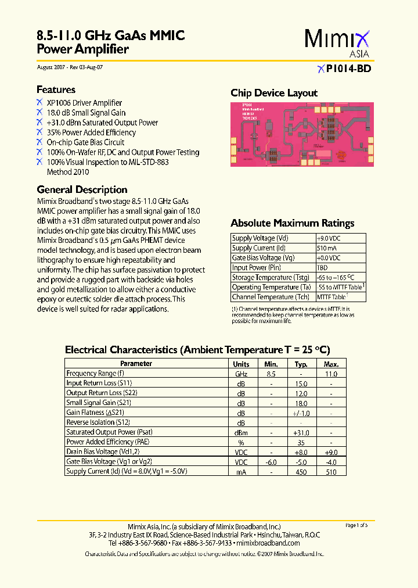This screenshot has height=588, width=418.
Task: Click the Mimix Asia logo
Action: (x=337, y=42)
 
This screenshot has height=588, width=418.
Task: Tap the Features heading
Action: (x=56, y=89)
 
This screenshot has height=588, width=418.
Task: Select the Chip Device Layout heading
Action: (x=274, y=93)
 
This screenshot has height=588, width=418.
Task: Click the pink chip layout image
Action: (x=302, y=135)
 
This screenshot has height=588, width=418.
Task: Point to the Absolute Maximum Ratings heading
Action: (x=292, y=223)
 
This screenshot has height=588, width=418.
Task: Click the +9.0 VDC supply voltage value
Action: (x=329, y=238)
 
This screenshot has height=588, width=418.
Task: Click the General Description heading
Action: (x=82, y=189)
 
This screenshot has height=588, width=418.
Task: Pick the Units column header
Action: (x=241, y=364)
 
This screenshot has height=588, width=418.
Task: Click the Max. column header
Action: (x=331, y=364)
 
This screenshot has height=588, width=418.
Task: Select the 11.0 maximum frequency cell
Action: (x=331, y=374)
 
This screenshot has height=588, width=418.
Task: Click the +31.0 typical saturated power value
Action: (x=301, y=432)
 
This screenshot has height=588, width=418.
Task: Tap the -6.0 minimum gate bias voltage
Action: (x=271, y=462)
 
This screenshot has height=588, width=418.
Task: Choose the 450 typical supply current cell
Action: (x=301, y=472)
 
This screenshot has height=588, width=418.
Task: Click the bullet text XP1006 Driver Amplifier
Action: (x=84, y=103)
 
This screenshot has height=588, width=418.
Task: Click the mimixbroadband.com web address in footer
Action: (x=269, y=543)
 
